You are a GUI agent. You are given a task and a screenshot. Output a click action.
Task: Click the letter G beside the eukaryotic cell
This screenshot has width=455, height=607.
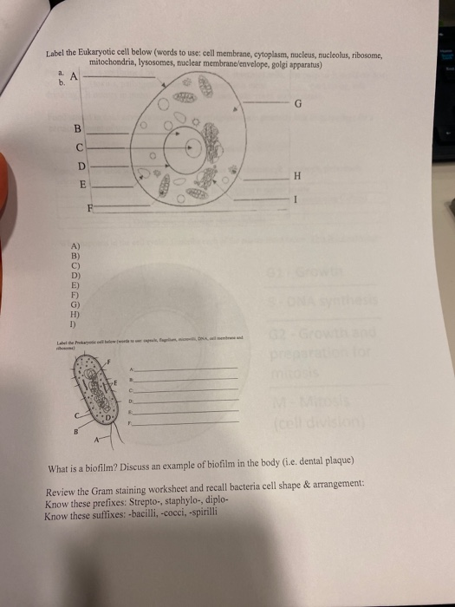click(297, 107)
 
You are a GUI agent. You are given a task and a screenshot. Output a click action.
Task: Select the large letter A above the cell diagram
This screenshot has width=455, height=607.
click(75, 76)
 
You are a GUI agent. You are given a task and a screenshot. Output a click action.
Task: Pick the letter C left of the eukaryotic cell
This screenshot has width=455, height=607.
click(81, 147)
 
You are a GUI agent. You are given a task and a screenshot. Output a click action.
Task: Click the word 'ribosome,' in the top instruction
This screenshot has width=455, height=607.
click(374, 54)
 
